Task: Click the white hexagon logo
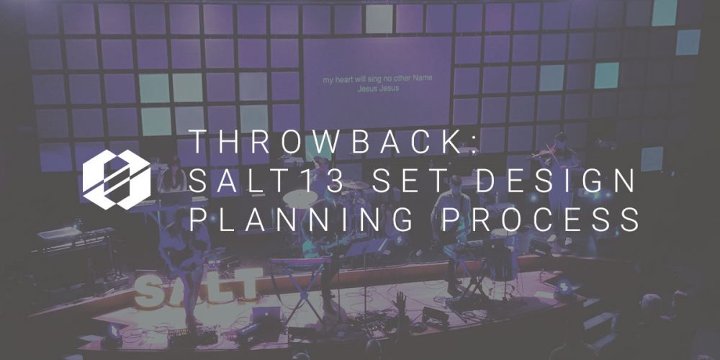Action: click(117, 179)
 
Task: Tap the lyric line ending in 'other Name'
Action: click(377, 80)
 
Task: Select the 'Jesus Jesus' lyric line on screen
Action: click(378, 89)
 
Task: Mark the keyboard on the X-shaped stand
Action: click(299, 261)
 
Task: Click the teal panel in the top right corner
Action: click(664, 12)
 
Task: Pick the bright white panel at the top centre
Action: click(379, 19)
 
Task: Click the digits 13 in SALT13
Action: click(323, 181)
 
